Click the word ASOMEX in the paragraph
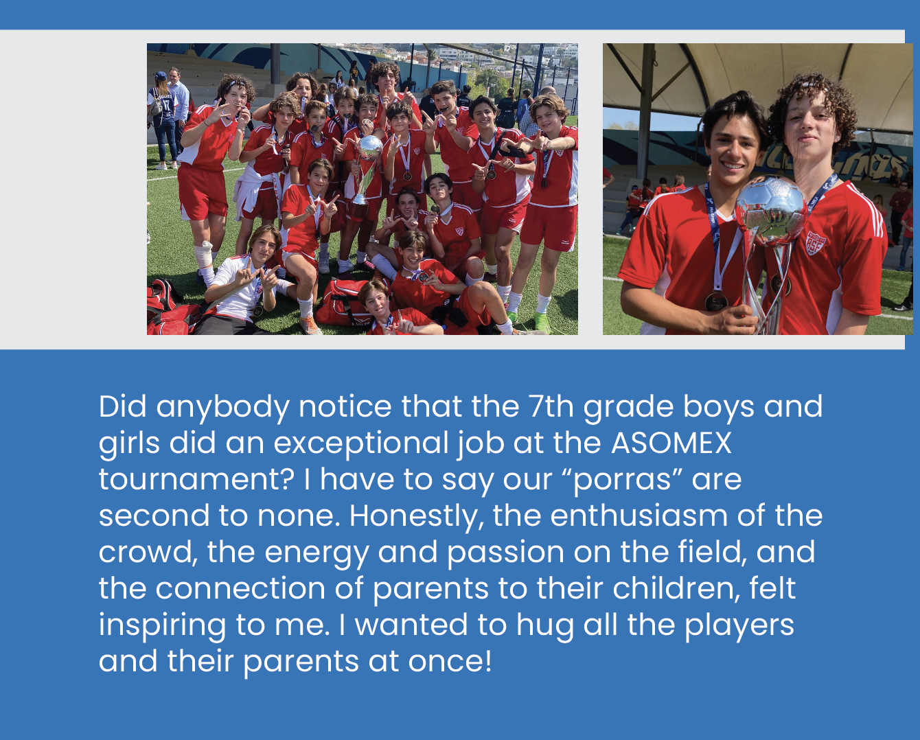[671, 443]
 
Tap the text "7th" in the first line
[551, 406]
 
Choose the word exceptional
[360, 443]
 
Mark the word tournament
[196, 480]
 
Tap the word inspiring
[162, 625]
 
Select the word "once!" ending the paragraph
[450, 662]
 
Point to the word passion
[505, 553]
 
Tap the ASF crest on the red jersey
[815, 242]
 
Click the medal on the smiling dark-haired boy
[715, 301]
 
